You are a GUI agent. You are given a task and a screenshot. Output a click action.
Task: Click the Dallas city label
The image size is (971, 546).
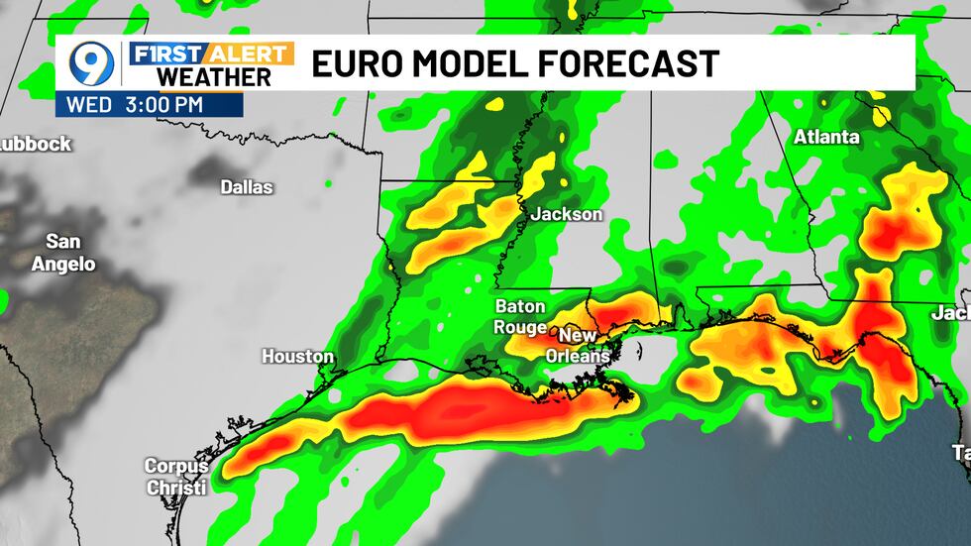(x=247, y=186)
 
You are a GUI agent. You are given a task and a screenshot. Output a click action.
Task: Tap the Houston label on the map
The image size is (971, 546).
(x=297, y=356)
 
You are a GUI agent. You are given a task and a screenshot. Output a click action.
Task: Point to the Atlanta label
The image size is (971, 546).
(x=826, y=138)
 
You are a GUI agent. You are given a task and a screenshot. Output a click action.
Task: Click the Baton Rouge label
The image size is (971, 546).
(x=520, y=316)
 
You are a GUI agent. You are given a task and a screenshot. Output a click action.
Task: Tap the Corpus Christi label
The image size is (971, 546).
(x=176, y=477)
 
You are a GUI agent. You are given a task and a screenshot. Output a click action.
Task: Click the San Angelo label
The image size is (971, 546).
(x=63, y=253)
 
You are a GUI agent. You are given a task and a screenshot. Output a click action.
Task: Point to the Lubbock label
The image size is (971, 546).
(x=36, y=144)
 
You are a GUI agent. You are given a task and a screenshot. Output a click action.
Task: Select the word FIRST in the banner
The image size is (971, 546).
(x=162, y=53)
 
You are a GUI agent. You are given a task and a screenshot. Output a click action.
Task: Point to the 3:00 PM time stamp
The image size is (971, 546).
(x=164, y=103)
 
